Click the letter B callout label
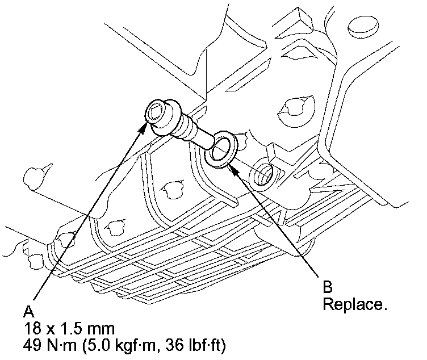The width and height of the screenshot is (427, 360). [x=328, y=288]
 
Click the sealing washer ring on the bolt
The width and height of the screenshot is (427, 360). [x=220, y=150]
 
